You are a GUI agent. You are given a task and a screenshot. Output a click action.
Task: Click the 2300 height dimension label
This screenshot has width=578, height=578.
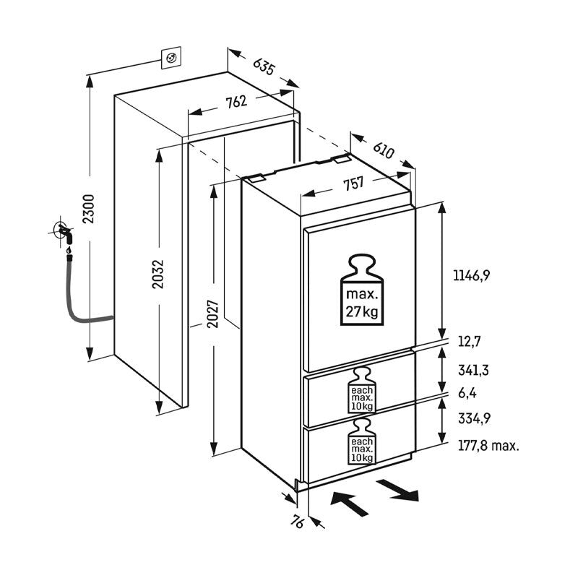89,209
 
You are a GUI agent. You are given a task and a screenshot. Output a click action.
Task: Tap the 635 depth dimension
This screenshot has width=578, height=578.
264,66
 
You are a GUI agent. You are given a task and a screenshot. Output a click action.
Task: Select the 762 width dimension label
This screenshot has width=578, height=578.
236,102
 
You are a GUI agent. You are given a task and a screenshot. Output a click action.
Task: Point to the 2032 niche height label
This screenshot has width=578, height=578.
158,274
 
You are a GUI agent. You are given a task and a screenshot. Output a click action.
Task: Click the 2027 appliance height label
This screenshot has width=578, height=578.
212,314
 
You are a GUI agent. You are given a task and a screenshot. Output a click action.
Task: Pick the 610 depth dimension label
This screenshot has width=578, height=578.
384,150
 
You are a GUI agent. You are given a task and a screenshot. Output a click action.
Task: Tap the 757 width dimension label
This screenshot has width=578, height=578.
353,184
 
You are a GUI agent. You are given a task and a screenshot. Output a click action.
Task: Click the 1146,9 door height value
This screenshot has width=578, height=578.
472,275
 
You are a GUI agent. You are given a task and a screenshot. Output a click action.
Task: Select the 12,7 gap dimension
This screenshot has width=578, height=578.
469,342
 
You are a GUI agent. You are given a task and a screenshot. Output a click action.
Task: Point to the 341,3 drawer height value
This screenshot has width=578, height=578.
473,370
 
